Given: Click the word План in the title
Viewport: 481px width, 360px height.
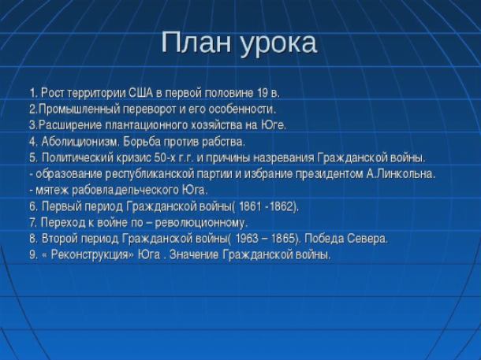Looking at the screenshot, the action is coord(196,42).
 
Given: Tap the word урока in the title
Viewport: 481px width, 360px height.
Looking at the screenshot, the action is coord(278,45).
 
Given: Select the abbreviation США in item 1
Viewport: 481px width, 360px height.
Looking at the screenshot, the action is coord(140,93).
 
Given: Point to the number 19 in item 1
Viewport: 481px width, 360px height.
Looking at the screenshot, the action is coord(262,93).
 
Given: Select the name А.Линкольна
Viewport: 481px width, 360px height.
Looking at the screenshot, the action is coord(401,174).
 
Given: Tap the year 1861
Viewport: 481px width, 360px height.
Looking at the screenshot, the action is coord(250,206).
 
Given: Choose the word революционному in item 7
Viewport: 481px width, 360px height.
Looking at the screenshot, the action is coord(201,223).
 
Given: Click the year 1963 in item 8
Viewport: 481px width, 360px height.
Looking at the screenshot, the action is coord(246,239).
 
